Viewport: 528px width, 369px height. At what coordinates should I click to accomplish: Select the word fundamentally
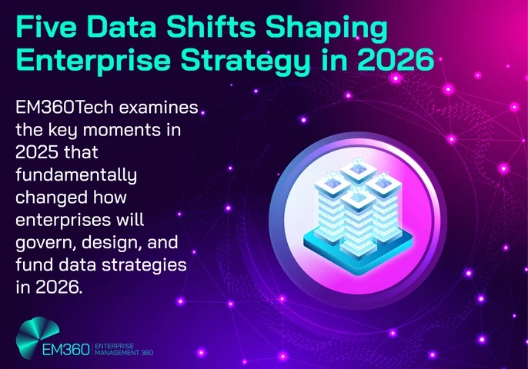pyautogui.click(x=75, y=176)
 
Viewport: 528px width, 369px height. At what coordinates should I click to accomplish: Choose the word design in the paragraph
pyautogui.click(x=112, y=243)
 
